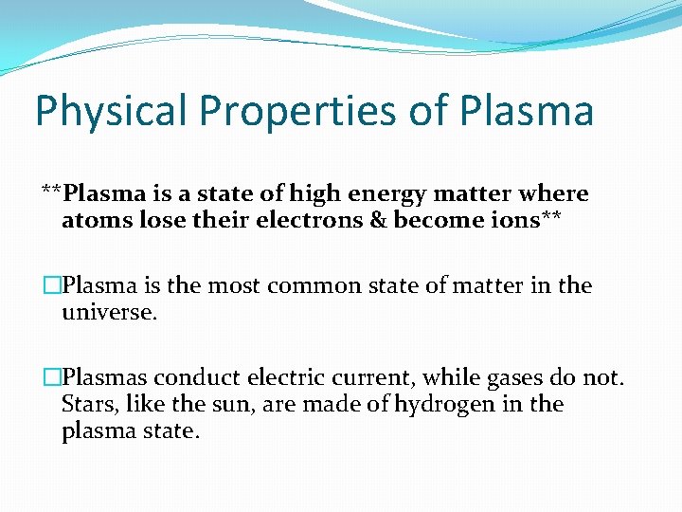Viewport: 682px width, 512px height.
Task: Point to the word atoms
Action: [x=92, y=222]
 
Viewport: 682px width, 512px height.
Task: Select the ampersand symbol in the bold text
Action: [x=378, y=222]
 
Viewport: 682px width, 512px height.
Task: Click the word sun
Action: [x=209, y=405]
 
